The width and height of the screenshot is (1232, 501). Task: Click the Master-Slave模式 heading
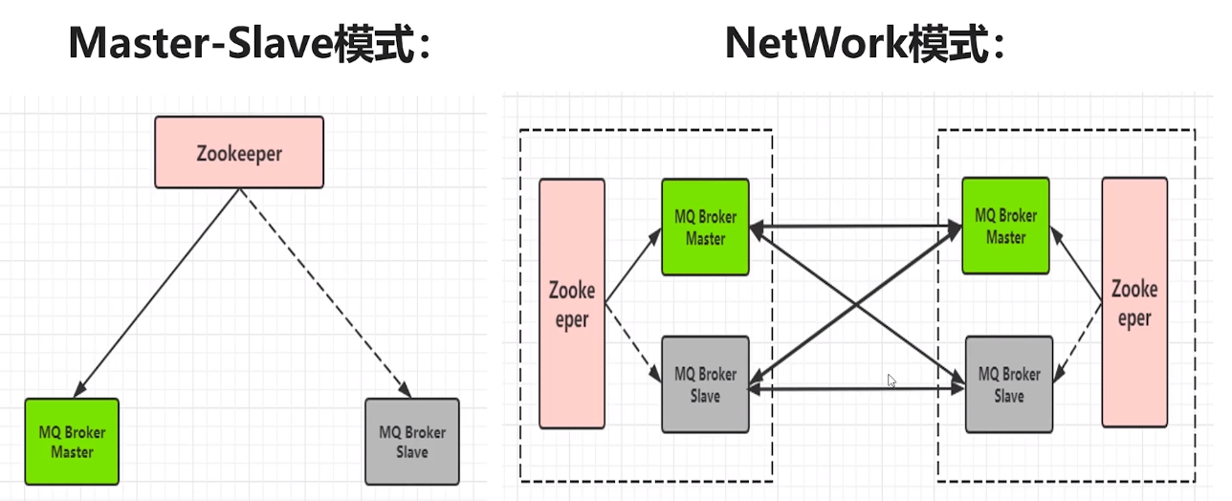click(x=251, y=44)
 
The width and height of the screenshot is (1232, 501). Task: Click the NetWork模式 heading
click(x=866, y=44)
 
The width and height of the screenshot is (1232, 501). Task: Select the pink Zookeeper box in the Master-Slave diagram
click(x=239, y=152)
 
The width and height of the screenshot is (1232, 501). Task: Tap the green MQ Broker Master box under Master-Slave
click(x=72, y=441)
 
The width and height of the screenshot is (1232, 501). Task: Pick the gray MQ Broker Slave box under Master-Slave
click(x=412, y=441)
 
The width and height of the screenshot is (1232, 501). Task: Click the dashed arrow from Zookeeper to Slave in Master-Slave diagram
click(x=325, y=292)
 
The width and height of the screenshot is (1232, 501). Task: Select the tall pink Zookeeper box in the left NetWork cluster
click(x=572, y=303)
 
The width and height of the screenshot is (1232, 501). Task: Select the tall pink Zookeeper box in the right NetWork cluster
click(x=1134, y=302)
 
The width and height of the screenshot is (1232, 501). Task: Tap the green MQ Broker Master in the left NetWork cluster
click(x=705, y=228)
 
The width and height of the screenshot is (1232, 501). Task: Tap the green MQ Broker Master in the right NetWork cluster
click(x=1005, y=226)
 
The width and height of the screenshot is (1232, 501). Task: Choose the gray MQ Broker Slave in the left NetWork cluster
click(x=705, y=383)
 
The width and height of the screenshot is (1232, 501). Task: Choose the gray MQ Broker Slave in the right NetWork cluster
click(x=1009, y=383)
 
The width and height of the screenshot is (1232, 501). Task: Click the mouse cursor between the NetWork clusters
click(x=891, y=380)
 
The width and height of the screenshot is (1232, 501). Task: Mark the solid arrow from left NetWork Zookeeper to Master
click(x=633, y=265)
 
